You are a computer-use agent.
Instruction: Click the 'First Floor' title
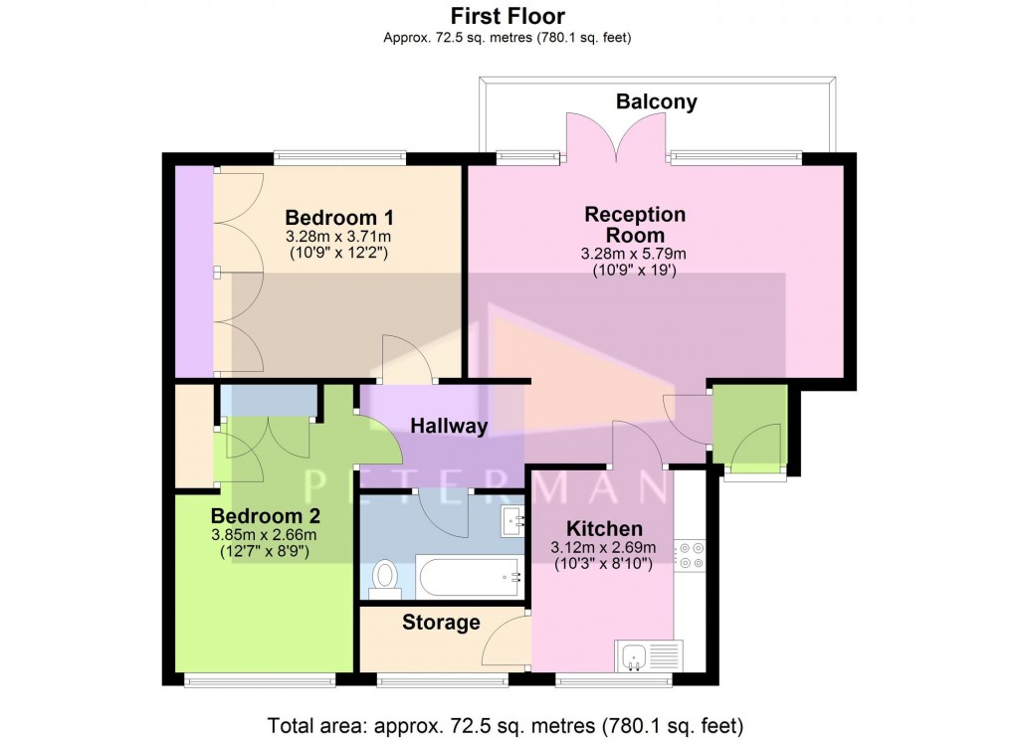point(508,16)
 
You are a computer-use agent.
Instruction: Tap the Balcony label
point(656,101)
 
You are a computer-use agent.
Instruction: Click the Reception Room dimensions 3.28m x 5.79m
point(634,254)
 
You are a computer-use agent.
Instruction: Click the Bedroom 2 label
point(264,516)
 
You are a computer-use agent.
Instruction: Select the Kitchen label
point(603,528)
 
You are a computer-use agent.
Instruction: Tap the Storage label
point(441,623)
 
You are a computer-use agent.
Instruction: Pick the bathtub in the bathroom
point(467,576)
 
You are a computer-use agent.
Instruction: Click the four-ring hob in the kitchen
point(689,555)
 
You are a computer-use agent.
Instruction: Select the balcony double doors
point(615,139)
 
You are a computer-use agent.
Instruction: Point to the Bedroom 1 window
point(339,155)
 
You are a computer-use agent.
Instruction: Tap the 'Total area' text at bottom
point(506,725)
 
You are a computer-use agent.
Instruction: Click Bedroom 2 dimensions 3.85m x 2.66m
point(264,534)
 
